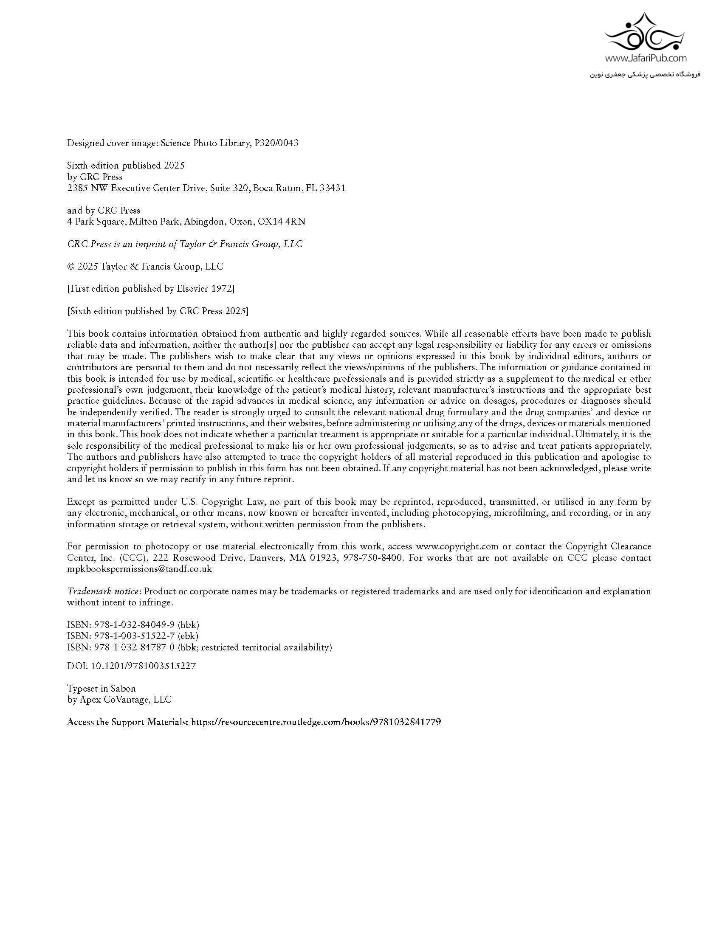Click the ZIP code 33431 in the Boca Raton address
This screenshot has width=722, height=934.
pyautogui.click(x=333, y=188)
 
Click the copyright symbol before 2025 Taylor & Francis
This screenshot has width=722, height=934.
pyautogui.click(x=71, y=267)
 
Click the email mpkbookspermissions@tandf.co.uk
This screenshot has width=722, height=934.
pyautogui.click(x=139, y=569)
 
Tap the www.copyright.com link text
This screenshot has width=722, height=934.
pyautogui.click(x=457, y=546)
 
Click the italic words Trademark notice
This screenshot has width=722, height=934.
pyautogui.click(x=103, y=592)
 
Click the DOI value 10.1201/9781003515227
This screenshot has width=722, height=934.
pyautogui.click(x=144, y=666)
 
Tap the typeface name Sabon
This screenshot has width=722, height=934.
pyautogui.click(x=123, y=689)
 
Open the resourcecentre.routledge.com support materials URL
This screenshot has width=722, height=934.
pyautogui.click(x=316, y=722)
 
